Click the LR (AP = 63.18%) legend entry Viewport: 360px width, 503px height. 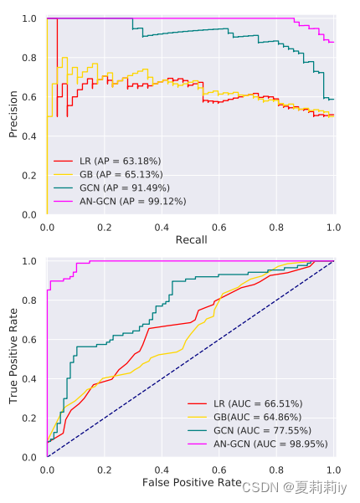pyautogui.click(x=107, y=160)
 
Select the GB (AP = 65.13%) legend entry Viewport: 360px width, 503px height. pyautogui.click(x=108, y=173)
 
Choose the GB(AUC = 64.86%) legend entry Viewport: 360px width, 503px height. pyautogui.click(x=244, y=417)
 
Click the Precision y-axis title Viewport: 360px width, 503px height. pyautogui.click(x=13, y=115)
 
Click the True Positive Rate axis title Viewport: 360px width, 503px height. pyautogui.click(x=13, y=358)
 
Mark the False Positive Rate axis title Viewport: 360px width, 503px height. pyautogui.click(x=192, y=483)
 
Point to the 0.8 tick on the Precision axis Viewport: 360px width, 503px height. pyautogui.click(x=28, y=58)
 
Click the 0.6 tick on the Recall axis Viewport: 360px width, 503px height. pyautogui.click(x=220, y=227)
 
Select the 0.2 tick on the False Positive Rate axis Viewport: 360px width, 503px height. pyautogui.click(x=105, y=470)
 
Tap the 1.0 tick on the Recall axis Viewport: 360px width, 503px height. pyautogui.click(x=334, y=227)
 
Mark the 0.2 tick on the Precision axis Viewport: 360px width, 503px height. pyautogui.click(x=28, y=176)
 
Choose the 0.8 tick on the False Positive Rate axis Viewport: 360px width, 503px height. pyautogui.click(x=277, y=470)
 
